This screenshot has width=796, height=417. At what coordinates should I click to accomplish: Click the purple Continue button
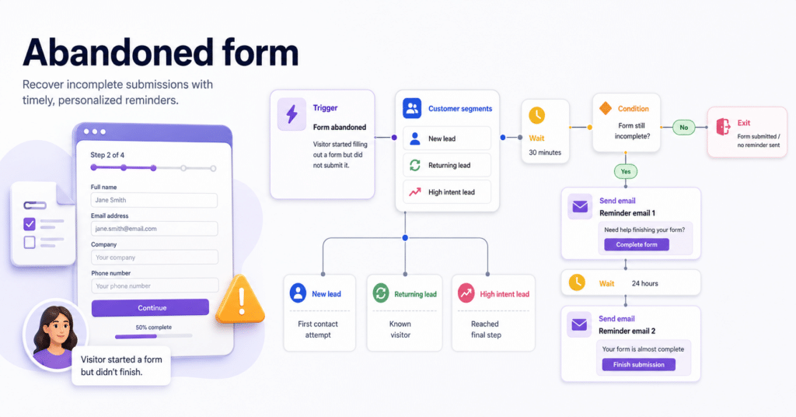pyautogui.click(x=150, y=308)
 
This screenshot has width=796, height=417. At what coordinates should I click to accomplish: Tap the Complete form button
pyautogui.click(x=636, y=245)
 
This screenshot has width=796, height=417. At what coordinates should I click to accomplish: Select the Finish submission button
pyautogui.click(x=639, y=365)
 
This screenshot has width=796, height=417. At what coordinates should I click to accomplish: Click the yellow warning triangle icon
pyautogui.click(x=241, y=300)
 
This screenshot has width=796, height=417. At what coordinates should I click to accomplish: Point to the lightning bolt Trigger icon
pyautogui.click(x=292, y=114)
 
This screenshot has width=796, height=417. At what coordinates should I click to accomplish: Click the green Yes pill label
pyautogui.click(x=626, y=172)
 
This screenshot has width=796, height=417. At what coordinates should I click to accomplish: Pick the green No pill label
pyautogui.click(x=684, y=128)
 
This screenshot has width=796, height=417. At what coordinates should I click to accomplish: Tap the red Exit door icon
pyautogui.click(x=723, y=127)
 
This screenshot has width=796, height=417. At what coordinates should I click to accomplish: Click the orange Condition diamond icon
pyautogui.click(x=605, y=108)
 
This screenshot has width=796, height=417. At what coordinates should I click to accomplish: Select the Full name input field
pyautogui.click(x=155, y=200)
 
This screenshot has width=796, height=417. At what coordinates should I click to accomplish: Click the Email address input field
pyautogui.click(x=155, y=229)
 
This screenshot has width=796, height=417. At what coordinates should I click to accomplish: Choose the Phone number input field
pyautogui.click(x=155, y=286)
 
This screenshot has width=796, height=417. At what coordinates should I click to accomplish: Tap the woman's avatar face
pyautogui.click(x=56, y=333)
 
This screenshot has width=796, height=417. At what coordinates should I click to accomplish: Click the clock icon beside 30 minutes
pyautogui.click(x=536, y=115)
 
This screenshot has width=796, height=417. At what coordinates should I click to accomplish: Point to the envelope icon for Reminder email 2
pyautogui.click(x=579, y=324)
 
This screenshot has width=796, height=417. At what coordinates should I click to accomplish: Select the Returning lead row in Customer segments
pyautogui.click(x=447, y=165)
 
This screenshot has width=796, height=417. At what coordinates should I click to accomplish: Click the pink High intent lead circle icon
pyautogui.click(x=466, y=293)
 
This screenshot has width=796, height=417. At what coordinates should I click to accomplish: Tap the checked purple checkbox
pyautogui.click(x=30, y=224)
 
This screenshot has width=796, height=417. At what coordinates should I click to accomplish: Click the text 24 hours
pyautogui.click(x=644, y=283)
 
